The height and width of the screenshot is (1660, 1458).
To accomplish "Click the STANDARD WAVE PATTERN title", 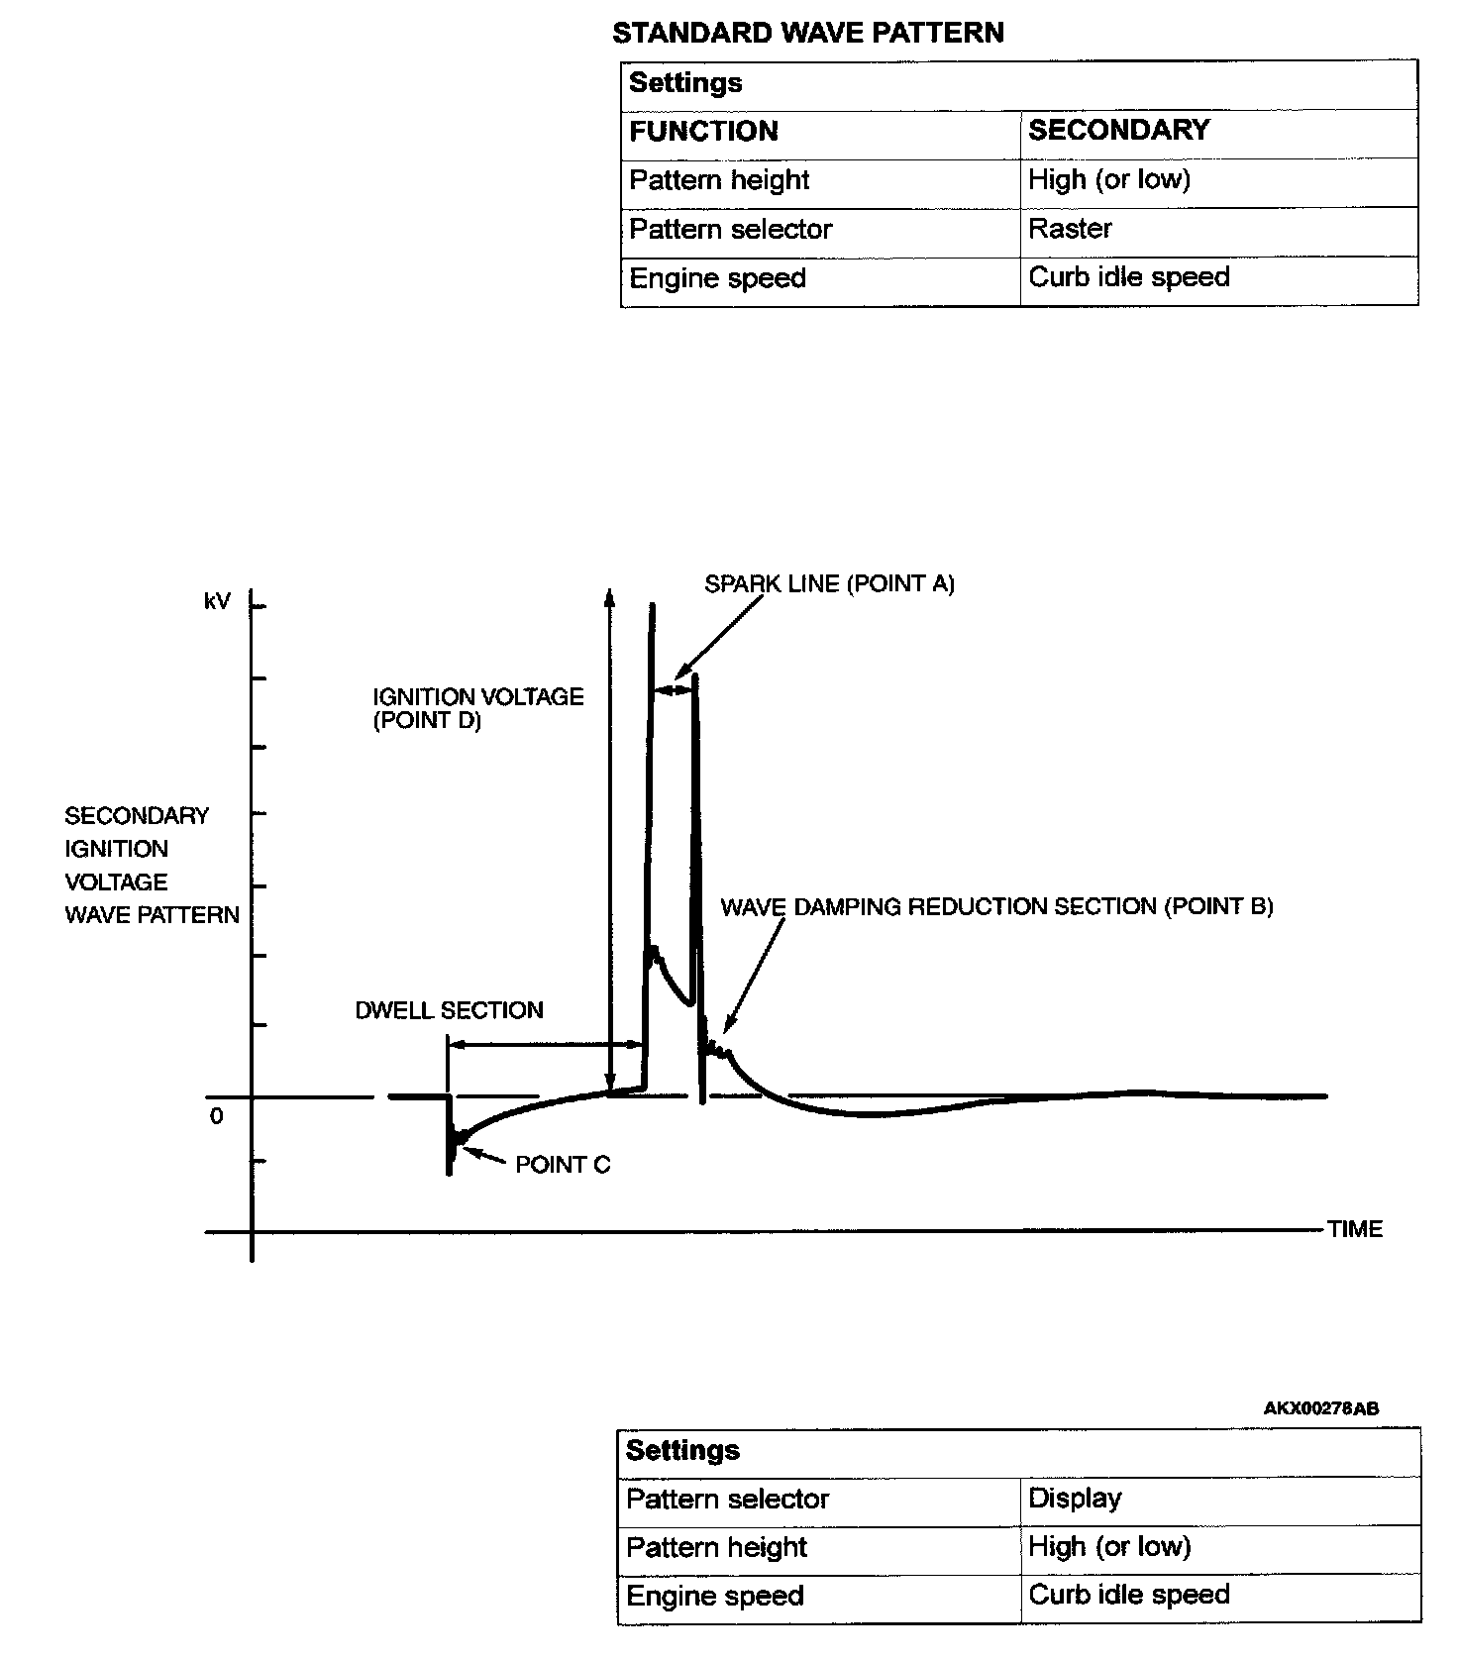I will [x=807, y=33].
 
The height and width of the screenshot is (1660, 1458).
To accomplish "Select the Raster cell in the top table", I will [x=1070, y=229].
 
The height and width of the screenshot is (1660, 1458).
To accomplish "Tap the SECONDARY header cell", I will [x=1118, y=130].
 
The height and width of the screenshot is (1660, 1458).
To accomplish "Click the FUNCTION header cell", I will [x=703, y=131].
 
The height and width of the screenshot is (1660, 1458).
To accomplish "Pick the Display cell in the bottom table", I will [x=1075, y=1498].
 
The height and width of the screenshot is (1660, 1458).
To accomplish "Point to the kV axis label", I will [x=217, y=601].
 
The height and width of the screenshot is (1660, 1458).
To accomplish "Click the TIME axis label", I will [x=1355, y=1229].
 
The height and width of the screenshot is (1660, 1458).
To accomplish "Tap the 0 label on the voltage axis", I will [x=217, y=1116].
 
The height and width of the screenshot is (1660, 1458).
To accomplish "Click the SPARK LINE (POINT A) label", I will [x=829, y=583].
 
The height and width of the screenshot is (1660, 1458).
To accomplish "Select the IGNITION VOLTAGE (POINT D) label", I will [x=477, y=708].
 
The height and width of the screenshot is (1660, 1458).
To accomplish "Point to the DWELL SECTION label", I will [x=449, y=1010].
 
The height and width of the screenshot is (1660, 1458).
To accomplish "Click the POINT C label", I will [x=563, y=1165].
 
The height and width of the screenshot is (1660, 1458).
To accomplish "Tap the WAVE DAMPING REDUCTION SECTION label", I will [x=996, y=906].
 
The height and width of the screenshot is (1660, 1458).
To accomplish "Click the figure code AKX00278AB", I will [x=1321, y=1407].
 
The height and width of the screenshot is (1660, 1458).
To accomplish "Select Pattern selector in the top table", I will [x=730, y=230].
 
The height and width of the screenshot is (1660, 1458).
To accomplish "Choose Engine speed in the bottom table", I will [x=714, y=1597].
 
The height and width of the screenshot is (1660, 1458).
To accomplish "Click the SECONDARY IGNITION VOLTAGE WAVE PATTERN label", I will [x=152, y=865].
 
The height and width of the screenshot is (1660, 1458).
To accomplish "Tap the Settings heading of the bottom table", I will [x=682, y=1450].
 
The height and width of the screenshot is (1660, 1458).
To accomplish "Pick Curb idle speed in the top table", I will [x=1128, y=277].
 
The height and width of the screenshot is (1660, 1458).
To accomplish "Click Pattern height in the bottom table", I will [x=716, y=1547].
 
